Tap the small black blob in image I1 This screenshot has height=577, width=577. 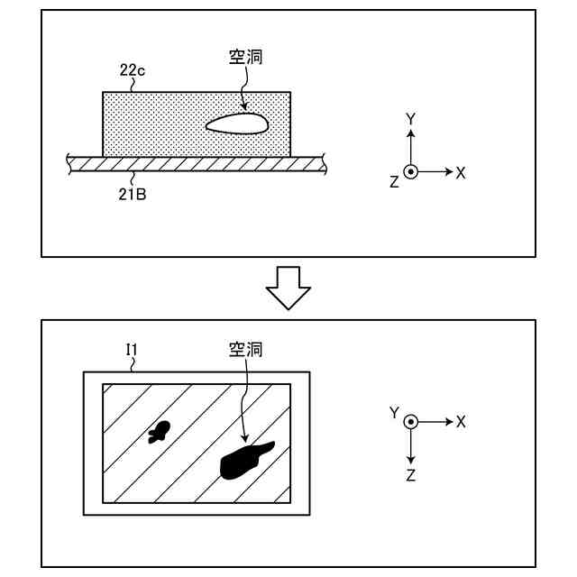pos(160,432)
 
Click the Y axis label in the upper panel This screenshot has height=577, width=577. pos(410,119)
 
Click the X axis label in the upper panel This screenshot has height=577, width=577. pos(461,172)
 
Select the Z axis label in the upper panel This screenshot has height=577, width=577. pos(394,182)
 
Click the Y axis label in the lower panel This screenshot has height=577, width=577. pos(394,413)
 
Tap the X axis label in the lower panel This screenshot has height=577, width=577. pos(461,421)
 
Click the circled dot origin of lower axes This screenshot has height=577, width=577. pos(410,421)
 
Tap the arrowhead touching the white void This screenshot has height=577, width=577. pos(244,111)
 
